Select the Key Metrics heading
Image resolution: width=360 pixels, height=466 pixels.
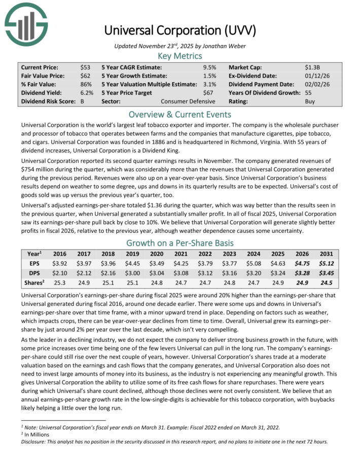click(179, 56)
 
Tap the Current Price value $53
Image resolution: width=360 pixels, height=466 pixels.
click(85, 67)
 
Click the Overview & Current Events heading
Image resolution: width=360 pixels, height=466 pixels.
click(179, 114)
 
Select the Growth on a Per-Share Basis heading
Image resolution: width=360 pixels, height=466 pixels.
click(179, 242)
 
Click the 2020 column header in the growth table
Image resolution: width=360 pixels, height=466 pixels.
click(157, 254)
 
